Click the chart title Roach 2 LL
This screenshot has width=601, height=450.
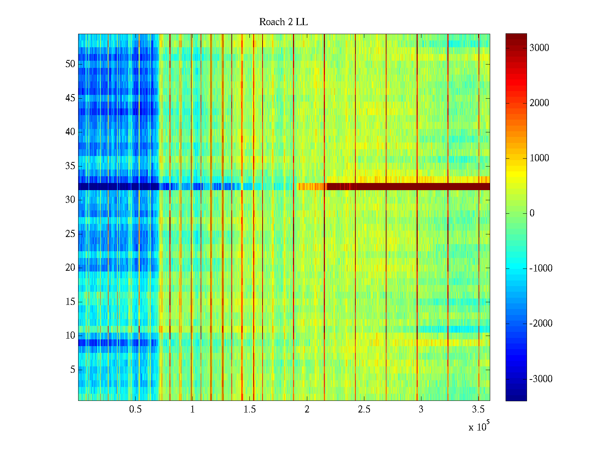click(283, 22)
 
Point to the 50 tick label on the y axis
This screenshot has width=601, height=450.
click(70, 64)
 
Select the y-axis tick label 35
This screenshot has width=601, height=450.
click(70, 166)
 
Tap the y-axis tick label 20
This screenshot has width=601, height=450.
click(70, 268)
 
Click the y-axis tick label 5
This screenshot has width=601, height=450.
click(72, 370)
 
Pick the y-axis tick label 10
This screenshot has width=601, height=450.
click(70, 336)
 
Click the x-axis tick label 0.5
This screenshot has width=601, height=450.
click(135, 409)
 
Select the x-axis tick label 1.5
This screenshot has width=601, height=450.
click(250, 409)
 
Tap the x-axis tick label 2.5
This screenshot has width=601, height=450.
click(364, 409)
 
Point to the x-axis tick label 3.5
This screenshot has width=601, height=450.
click(478, 409)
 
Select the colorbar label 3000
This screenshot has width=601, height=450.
click(539, 48)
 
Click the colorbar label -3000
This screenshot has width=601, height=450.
click(541, 379)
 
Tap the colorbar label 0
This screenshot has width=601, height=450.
click(532, 214)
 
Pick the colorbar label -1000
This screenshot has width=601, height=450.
click(541, 268)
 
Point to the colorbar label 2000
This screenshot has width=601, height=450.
click(539, 103)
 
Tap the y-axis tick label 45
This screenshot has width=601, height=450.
click(70, 98)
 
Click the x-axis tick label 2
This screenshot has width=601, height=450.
click(307, 409)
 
